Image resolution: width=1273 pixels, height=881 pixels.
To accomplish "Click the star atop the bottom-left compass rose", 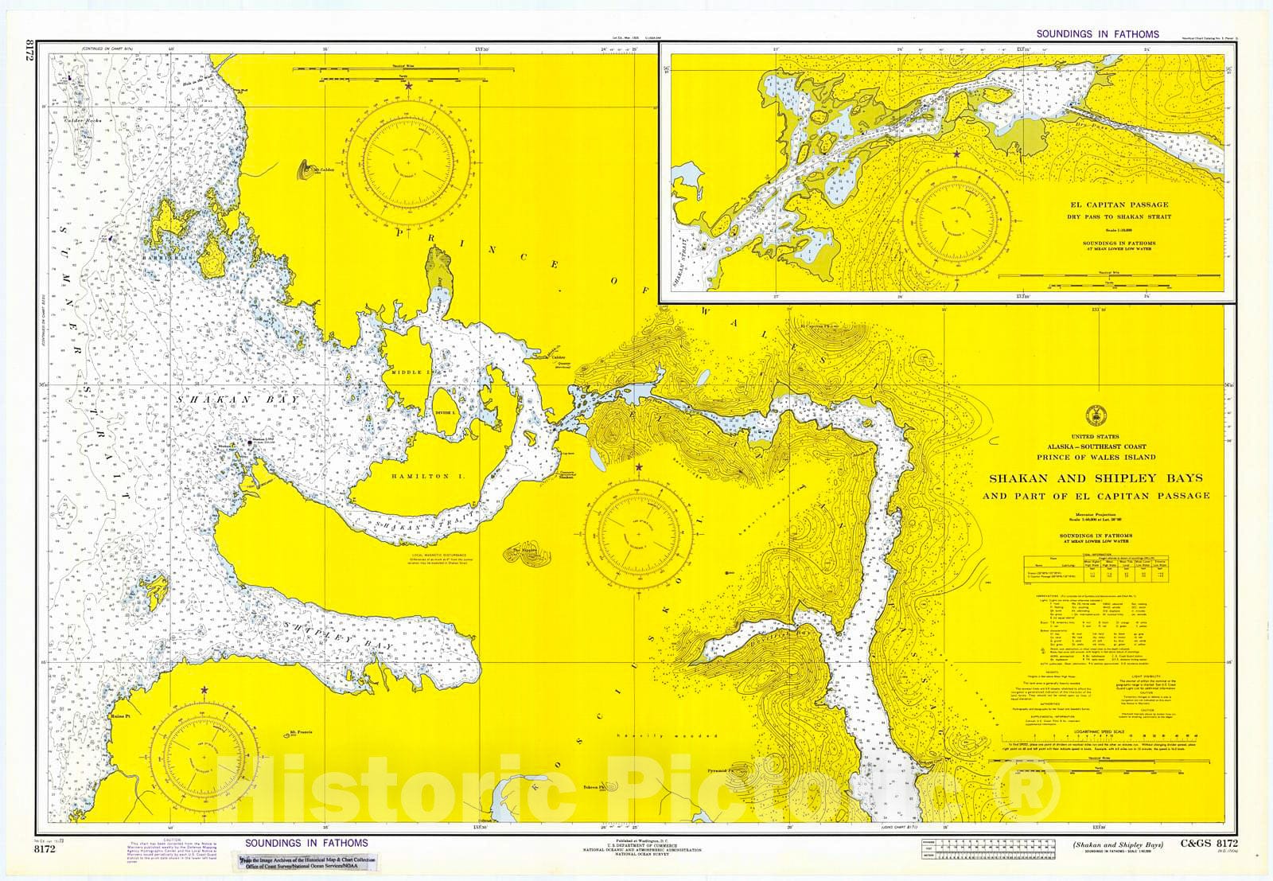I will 204,689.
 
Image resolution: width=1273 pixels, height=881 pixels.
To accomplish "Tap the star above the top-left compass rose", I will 409,85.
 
